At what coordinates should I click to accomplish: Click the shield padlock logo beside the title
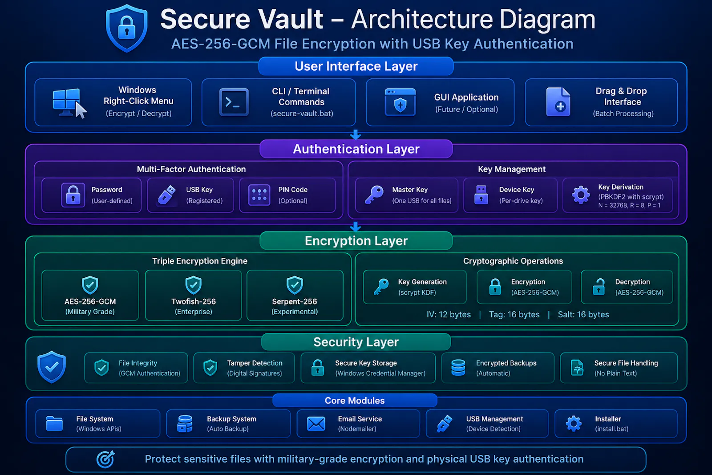126,28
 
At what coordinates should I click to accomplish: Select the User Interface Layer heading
356,66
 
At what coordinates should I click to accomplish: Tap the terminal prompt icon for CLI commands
234,102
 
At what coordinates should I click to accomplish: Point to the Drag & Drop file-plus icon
558,102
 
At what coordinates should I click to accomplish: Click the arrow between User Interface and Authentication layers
356,135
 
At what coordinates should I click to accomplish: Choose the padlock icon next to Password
73,195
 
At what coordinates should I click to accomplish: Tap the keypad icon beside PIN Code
259,195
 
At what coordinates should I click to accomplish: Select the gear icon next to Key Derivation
581,195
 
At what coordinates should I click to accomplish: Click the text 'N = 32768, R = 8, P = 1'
629,205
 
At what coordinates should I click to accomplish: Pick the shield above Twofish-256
193,285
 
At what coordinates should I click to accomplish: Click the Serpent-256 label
294,301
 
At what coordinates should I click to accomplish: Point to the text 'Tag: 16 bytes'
514,314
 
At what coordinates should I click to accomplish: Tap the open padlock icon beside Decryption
599,287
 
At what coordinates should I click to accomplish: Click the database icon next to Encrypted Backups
458,368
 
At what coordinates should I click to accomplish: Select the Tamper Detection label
255,363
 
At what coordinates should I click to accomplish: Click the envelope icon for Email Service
316,424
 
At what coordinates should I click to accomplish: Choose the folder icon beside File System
54,423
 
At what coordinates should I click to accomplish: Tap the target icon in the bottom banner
105,459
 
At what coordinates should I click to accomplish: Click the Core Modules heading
355,401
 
